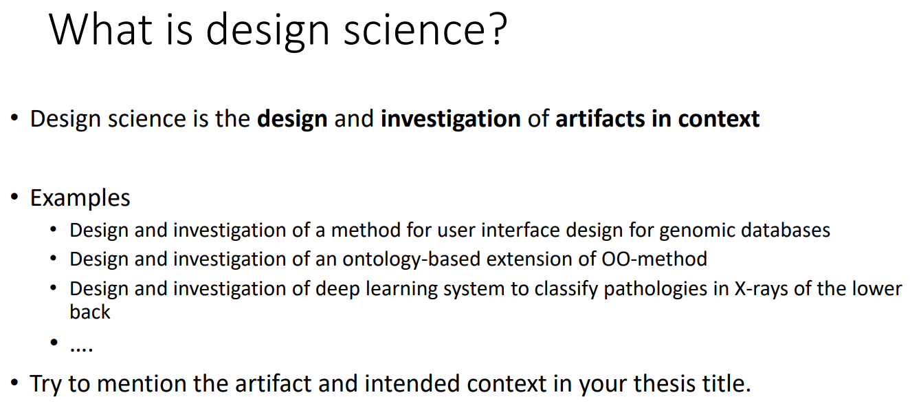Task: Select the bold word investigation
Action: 450,120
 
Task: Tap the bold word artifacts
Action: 600,119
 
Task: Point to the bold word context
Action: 719,119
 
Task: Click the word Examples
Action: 80,198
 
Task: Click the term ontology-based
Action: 412,259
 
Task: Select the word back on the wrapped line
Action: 90,312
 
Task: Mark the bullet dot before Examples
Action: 14,197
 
